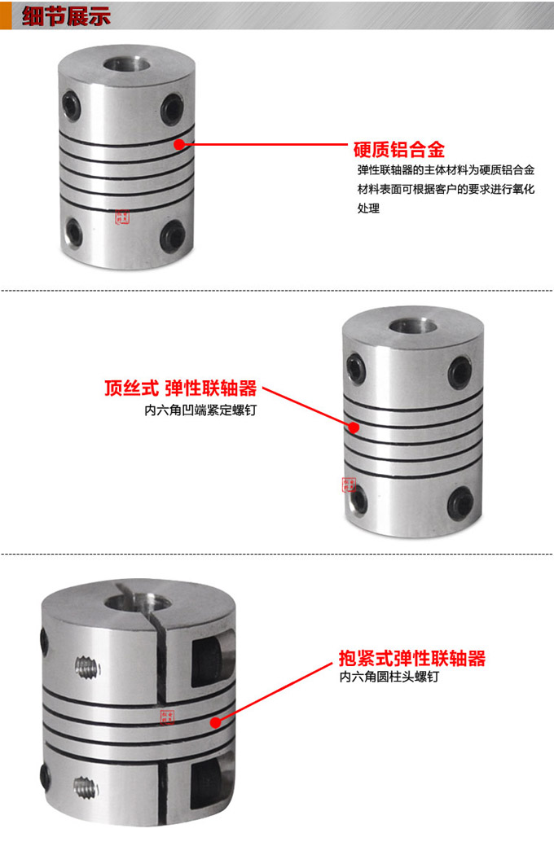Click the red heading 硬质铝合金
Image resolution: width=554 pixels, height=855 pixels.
pos(398,149)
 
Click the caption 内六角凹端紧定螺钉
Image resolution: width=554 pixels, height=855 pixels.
pos(200,411)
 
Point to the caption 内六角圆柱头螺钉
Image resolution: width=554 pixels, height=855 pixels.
pos(389,677)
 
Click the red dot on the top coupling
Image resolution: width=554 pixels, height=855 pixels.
pos(179,144)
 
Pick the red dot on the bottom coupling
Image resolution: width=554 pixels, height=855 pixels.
pos(216,721)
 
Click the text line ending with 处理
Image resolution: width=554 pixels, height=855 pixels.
pos(368,209)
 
